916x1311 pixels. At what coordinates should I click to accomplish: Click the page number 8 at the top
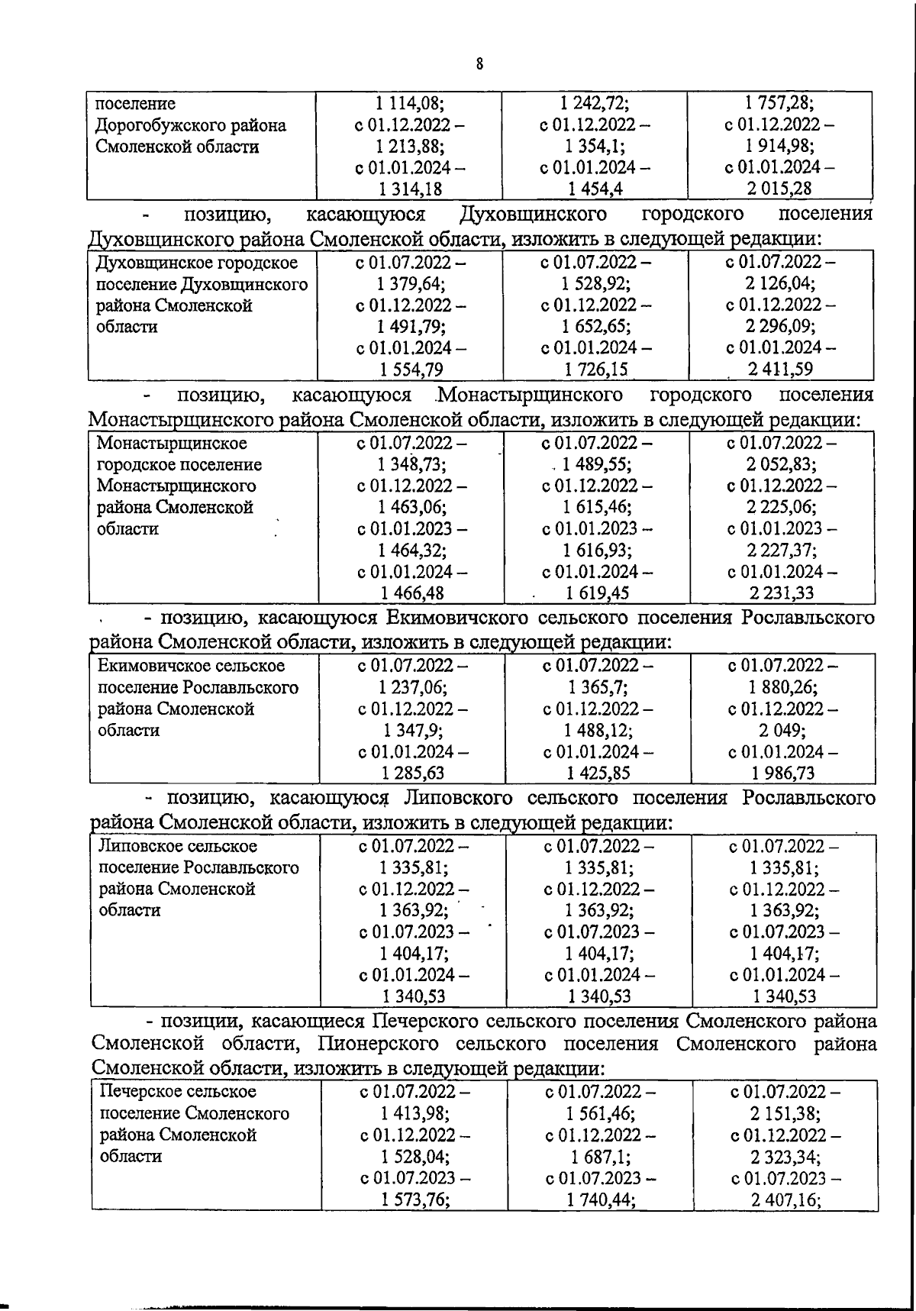coord(479,64)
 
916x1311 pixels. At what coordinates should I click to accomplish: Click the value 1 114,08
coord(411,103)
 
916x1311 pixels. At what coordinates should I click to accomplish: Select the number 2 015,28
coord(779,189)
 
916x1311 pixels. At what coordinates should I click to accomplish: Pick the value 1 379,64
coord(411,284)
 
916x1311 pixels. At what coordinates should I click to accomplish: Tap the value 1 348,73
coord(412,464)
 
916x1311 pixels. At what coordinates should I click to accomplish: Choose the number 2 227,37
coord(782,550)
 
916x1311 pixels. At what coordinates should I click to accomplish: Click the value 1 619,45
coord(598,593)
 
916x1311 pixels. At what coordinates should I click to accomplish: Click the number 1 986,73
coord(782,773)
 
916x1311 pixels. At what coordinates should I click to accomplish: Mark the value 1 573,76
coord(415,1199)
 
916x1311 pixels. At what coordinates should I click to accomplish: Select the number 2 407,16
coord(785,1199)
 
